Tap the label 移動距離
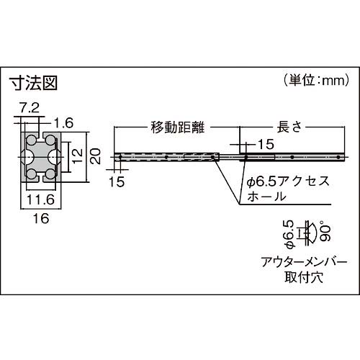pyautogui.click(x=177, y=127)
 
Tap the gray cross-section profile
pyautogui.click(x=40, y=155)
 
